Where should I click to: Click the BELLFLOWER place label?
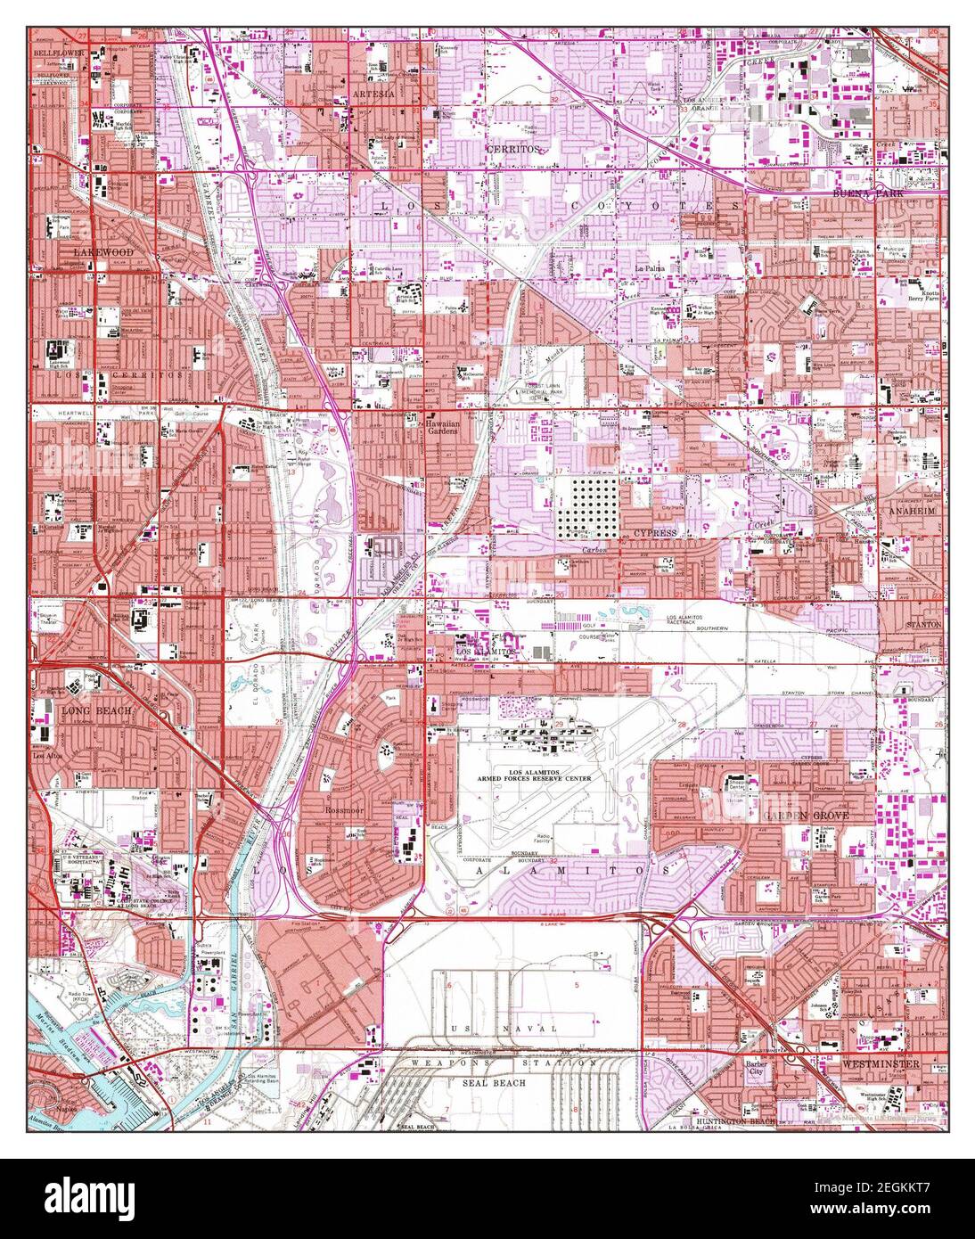click(51, 53)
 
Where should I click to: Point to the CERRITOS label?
click(512, 149)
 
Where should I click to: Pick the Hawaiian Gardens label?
click(440, 428)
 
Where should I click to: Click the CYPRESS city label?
click(656, 532)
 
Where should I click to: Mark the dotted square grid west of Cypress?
click(581, 506)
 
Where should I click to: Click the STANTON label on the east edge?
click(923, 626)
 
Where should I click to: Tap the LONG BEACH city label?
click(95, 711)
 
